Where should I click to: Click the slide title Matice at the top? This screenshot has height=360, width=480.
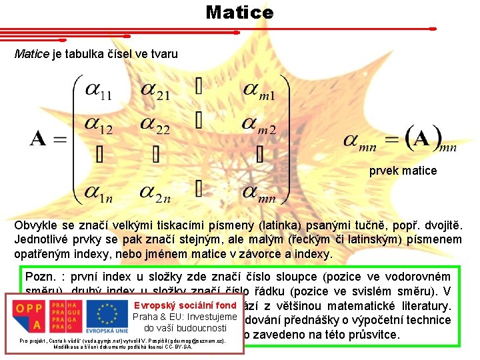(239, 12)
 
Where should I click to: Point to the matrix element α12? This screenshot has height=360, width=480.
(97, 125)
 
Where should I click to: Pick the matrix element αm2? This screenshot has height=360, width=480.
(259, 125)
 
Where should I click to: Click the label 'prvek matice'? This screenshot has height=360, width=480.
(403, 171)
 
